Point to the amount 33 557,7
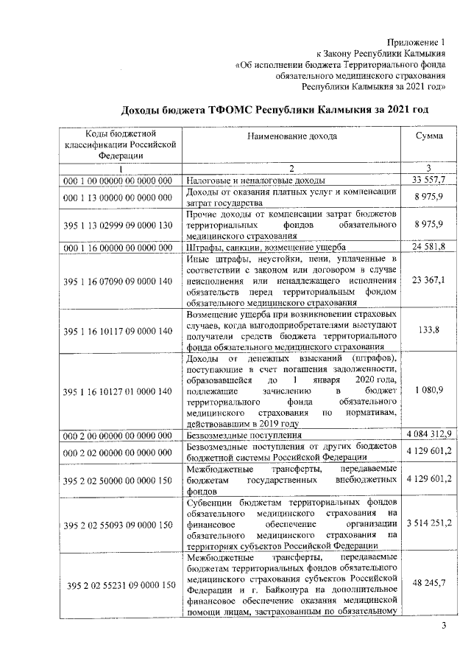coord(428,180)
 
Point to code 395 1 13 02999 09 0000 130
coord(118,224)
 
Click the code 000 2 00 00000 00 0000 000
coord(118,435)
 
